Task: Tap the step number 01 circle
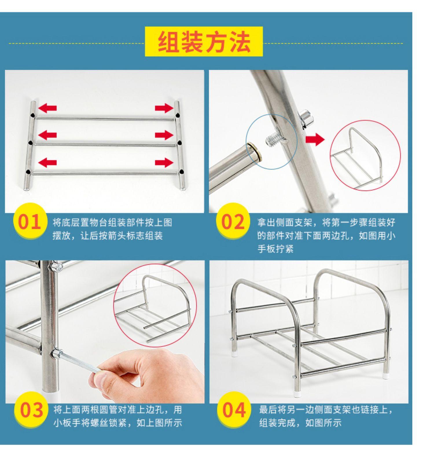(x=30, y=221)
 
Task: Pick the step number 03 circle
(x=31, y=409)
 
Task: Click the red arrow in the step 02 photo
(x=315, y=139)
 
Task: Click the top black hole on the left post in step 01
(x=33, y=116)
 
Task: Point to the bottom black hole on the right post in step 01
(x=181, y=172)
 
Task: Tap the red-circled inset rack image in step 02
(x=365, y=155)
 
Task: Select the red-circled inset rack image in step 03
(x=155, y=305)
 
